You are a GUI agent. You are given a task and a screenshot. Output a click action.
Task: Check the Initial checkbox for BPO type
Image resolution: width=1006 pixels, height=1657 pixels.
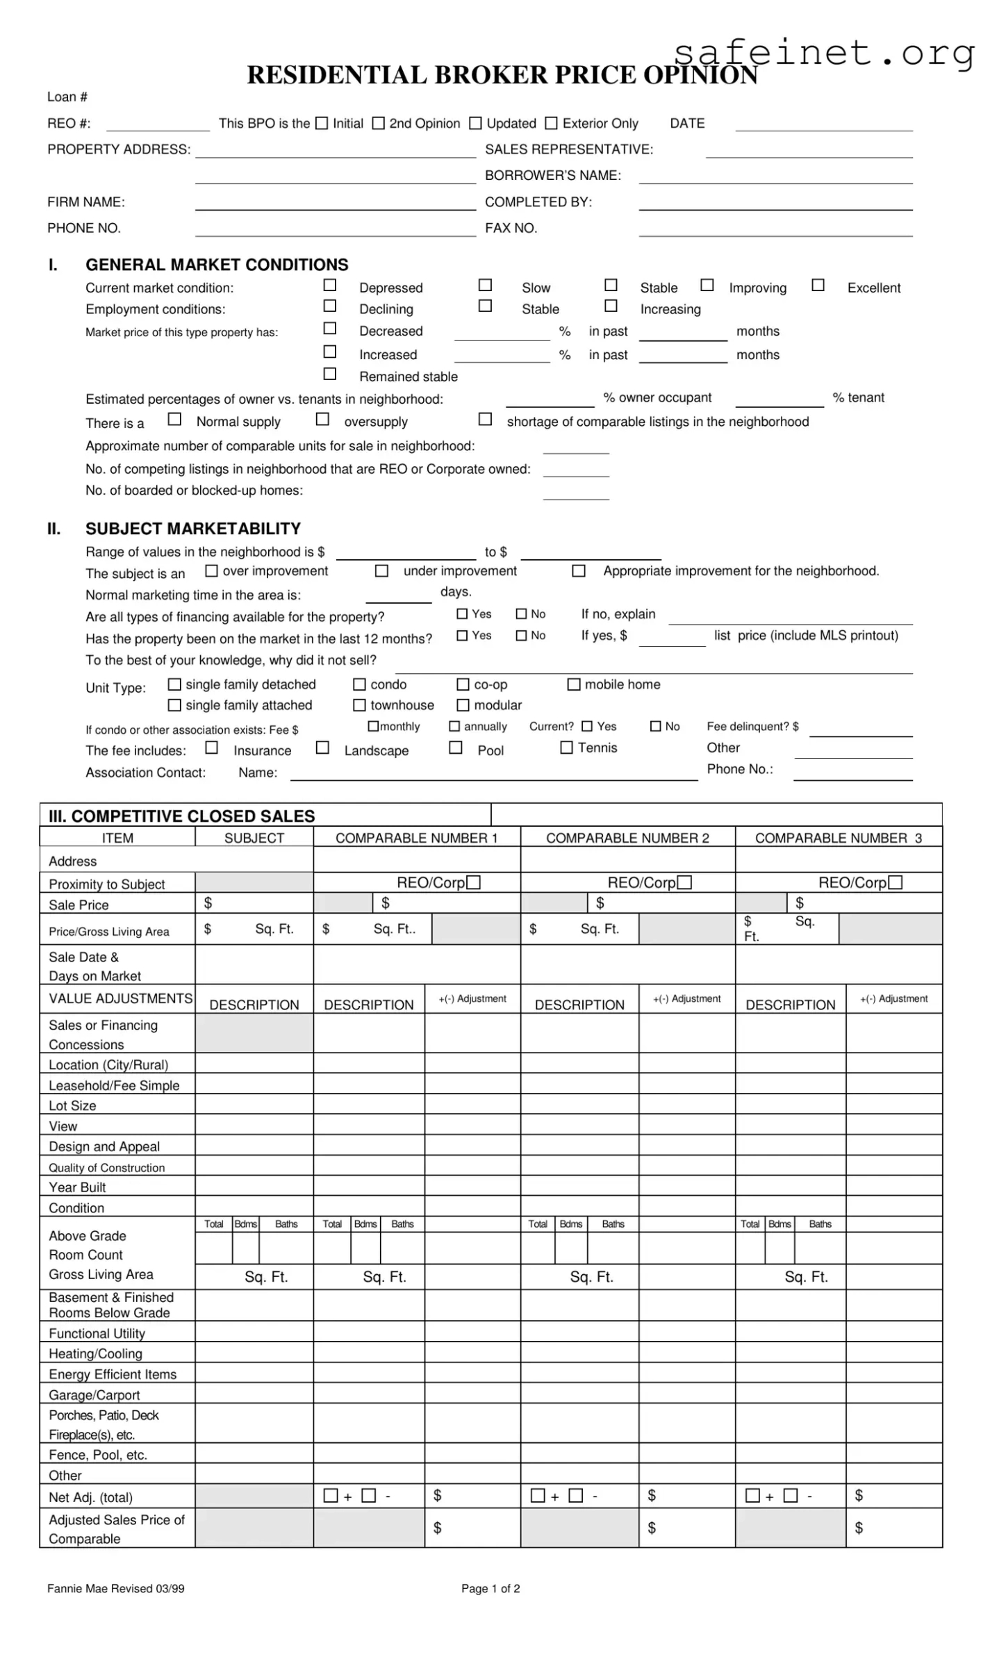click(x=322, y=123)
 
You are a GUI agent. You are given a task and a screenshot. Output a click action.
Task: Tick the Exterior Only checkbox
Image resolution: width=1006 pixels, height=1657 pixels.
click(x=551, y=123)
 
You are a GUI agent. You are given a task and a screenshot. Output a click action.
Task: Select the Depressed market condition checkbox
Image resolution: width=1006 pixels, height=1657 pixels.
click(x=330, y=285)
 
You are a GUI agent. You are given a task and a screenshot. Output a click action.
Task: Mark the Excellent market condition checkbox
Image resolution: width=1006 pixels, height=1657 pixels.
click(x=818, y=285)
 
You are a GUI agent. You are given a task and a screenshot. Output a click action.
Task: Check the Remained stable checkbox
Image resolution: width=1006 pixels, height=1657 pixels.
click(x=330, y=374)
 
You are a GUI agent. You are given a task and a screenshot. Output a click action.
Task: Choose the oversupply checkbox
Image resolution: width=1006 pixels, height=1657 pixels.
click(x=322, y=419)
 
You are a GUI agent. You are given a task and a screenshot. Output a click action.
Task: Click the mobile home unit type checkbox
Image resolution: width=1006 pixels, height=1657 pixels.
click(x=574, y=684)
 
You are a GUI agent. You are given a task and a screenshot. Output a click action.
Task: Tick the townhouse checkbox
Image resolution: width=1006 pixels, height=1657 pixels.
click(x=359, y=705)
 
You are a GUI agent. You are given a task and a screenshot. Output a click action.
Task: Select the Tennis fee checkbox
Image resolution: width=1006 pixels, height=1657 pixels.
click(x=567, y=748)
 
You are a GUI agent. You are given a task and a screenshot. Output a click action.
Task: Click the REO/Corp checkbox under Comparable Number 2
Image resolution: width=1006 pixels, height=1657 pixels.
click(x=685, y=882)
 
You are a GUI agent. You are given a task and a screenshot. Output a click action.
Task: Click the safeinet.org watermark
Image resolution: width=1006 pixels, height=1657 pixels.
click(x=824, y=53)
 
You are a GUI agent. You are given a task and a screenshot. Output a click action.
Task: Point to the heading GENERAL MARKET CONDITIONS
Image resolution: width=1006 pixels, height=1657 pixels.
click(x=217, y=265)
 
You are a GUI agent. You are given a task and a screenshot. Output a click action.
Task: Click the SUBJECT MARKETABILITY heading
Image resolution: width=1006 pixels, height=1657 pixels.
click(x=193, y=529)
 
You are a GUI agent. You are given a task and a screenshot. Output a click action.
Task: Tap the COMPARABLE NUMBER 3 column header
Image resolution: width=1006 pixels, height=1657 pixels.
click(x=839, y=838)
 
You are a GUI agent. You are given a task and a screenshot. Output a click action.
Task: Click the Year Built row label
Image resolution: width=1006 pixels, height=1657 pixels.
click(x=77, y=1187)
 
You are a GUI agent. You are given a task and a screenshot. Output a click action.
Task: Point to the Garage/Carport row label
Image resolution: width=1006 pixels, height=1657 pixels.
click(x=94, y=1395)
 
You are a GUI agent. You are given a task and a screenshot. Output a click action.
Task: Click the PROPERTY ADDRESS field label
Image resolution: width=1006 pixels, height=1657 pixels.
click(x=119, y=149)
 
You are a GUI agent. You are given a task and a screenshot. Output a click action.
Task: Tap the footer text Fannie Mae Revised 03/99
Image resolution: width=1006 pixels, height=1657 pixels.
click(x=116, y=1588)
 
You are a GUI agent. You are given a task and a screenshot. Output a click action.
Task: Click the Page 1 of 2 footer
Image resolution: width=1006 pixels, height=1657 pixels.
click(x=490, y=1588)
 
